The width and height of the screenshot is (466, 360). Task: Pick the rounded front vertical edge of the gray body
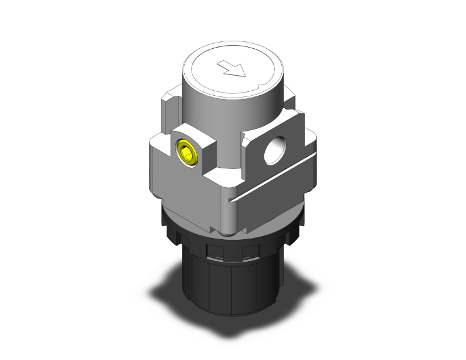pos(229,200)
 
